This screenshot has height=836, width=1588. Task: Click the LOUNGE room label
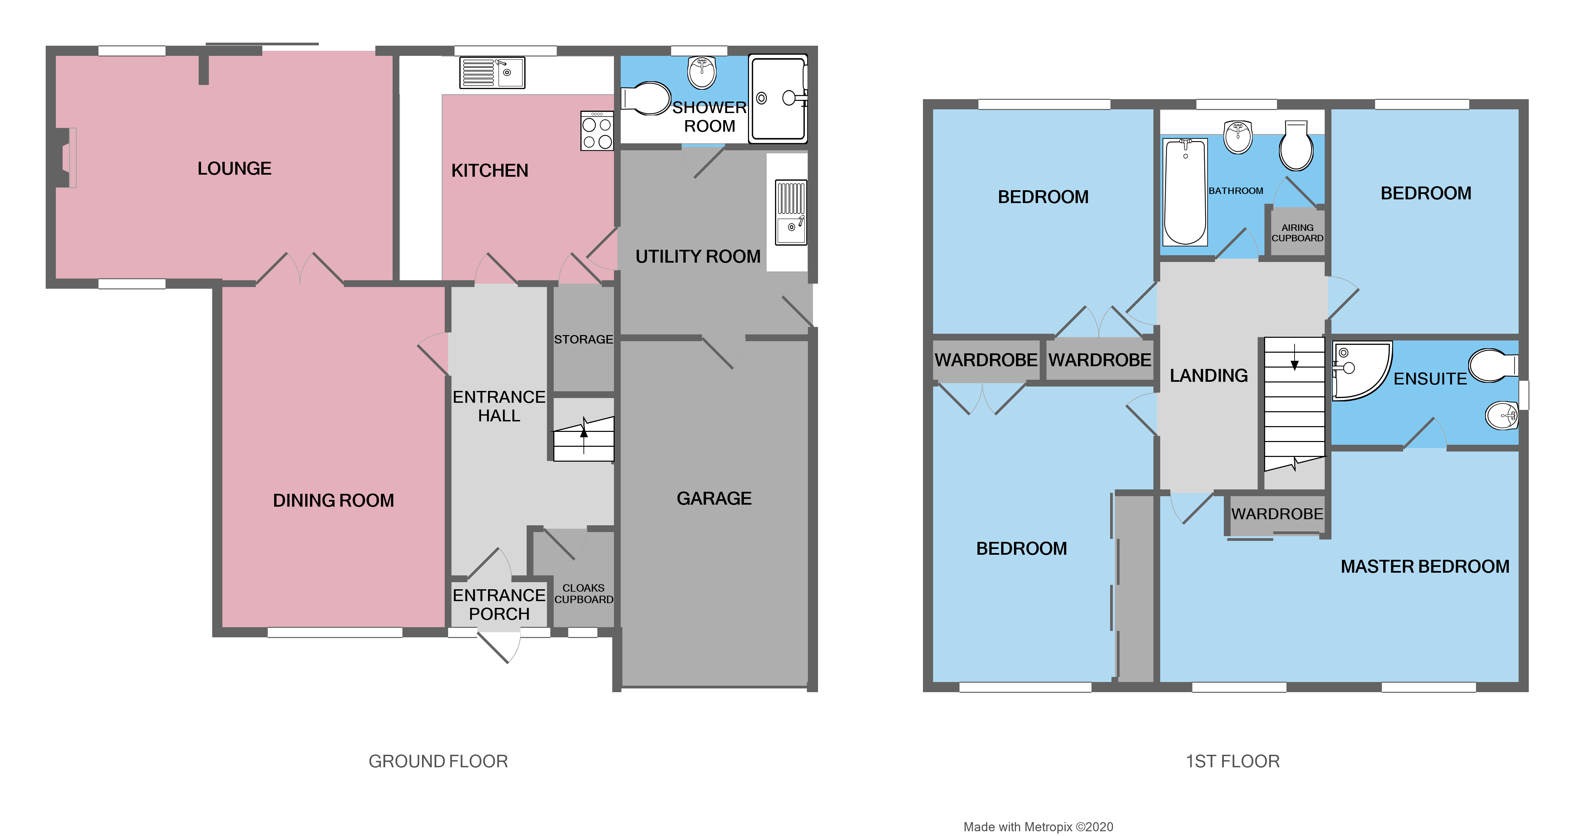coord(234,168)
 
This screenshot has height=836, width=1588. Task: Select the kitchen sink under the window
coord(492,73)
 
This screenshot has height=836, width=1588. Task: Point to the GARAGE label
coord(714,498)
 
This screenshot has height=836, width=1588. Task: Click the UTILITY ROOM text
coord(698,257)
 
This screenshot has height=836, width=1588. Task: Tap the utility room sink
coord(791,213)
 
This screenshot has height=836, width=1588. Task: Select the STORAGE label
coord(583,339)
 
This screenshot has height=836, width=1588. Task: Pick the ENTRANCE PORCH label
coord(499,604)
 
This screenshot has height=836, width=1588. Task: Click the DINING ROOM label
coord(333,500)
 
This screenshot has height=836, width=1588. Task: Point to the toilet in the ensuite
coord(1493,366)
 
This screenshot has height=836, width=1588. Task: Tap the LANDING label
coord(1208,375)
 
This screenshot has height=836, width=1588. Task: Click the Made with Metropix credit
coord(1038,827)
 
